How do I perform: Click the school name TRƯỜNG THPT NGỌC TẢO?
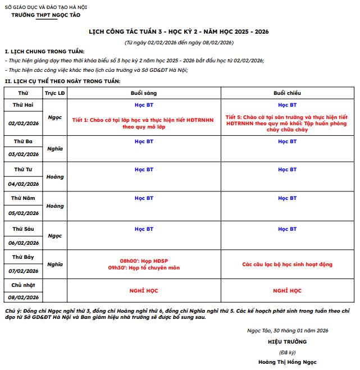(x=46, y=15)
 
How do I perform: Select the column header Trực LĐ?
(x=54, y=93)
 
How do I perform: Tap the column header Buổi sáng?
(x=144, y=93)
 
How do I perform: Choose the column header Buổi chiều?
(x=287, y=93)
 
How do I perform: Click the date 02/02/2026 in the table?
(x=24, y=123)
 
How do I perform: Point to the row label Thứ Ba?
(x=24, y=141)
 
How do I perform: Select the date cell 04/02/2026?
(x=24, y=184)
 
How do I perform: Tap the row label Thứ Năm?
(x=24, y=198)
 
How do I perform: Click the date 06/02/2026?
(x=24, y=243)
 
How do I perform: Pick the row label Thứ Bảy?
(x=24, y=257)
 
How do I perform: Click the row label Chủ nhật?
(x=24, y=285)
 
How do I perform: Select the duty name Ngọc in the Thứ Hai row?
(x=54, y=117)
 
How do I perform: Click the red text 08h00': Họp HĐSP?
(x=144, y=261)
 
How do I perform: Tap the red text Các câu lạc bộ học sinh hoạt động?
(x=287, y=264)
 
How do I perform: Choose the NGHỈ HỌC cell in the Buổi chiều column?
(x=287, y=291)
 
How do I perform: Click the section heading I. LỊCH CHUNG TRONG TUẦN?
(x=44, y=52)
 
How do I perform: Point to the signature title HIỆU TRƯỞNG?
(x=287, y=341)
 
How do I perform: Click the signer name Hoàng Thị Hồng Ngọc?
(x=287, y=362)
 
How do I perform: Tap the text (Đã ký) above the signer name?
(x=287, y=352)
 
